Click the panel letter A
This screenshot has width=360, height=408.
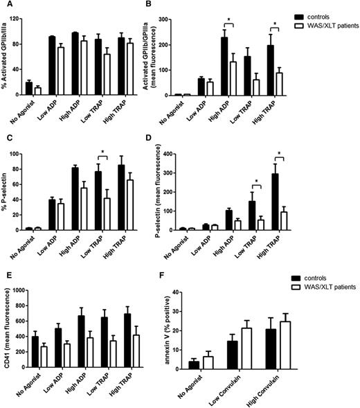5,6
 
